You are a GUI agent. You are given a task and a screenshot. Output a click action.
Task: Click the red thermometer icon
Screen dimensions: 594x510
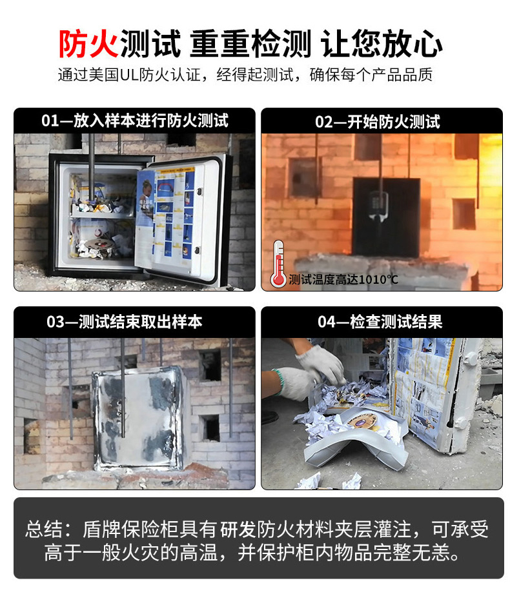pos(278,264)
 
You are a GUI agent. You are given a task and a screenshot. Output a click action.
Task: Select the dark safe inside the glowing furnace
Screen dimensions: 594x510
pos(385,216)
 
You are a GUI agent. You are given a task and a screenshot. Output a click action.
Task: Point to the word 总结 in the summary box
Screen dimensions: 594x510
pos(45,530)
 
